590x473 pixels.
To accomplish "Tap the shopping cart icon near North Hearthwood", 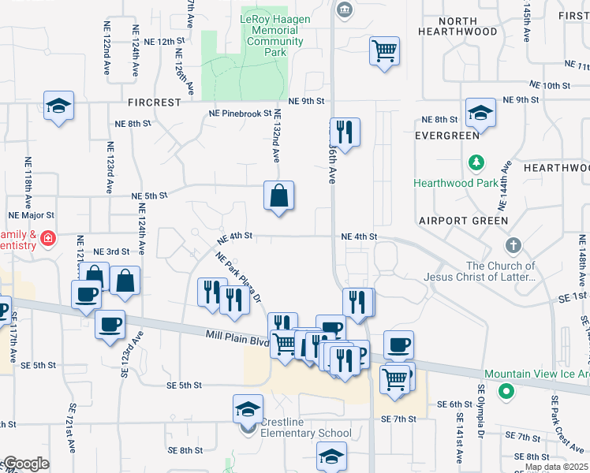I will coord(384,52).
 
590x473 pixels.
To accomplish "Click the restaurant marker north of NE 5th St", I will coord(344,130).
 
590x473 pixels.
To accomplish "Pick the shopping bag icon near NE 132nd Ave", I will coord(279,196).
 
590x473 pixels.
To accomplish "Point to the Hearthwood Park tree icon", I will coord(476,163).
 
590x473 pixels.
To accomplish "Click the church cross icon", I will coord(514,244).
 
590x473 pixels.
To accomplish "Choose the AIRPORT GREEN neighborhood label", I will coord(463,221).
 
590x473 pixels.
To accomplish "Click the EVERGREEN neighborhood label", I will coord(447,136).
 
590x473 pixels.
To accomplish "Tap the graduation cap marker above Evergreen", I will coord(480,113).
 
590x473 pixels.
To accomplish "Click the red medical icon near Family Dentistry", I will coord(48,238).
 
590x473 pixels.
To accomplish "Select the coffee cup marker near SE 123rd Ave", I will coord(110,323).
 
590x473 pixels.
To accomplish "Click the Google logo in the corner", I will coord(25,464).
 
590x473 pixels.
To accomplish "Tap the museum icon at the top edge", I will coord(345,9).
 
